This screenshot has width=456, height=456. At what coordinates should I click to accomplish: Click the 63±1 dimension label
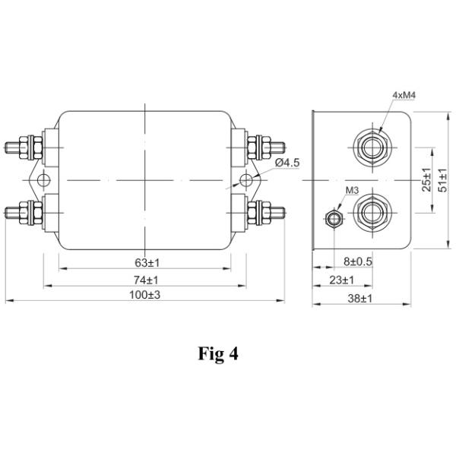click(x=147, y=263)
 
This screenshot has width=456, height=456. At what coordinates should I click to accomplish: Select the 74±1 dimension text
click(x=146, y=280)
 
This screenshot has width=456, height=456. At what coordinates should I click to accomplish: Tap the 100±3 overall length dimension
click(x=145, y=295)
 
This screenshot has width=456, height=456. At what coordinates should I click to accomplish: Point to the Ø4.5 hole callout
click(x=287, y=163)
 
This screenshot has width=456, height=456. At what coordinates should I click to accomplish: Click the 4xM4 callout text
click(x=404, y=95)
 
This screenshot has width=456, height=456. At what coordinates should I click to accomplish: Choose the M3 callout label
click(x=352, y=191)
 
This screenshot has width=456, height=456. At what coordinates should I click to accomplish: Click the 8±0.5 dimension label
click(x=358, y=261)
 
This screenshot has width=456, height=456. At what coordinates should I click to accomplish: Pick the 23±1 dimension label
click(x=342, y=280)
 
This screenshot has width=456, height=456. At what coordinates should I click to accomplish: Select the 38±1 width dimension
click(x=360, y=299)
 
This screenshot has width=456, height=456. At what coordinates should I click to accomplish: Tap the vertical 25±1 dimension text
click(x=426, y=179)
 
